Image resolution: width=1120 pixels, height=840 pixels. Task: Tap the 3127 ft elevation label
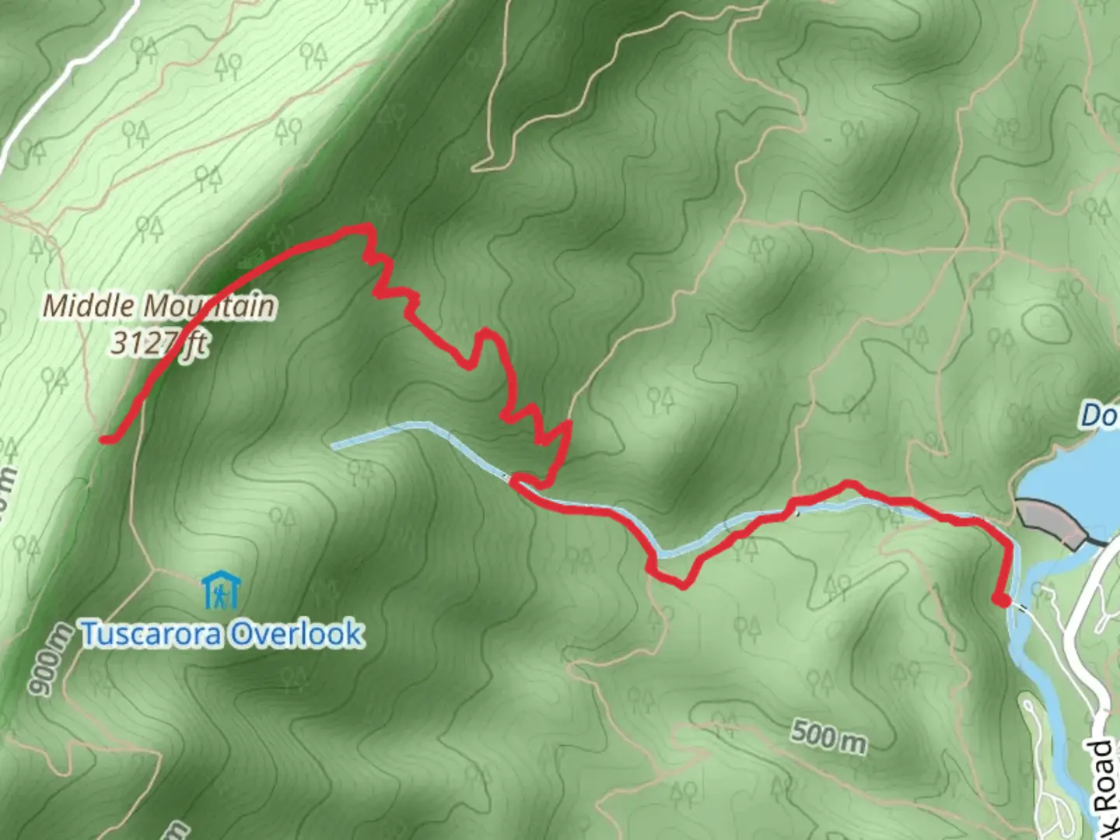coord(159,343)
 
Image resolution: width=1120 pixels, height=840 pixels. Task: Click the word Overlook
coord(296,634)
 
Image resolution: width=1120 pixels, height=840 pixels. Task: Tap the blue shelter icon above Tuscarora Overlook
coord(221,592)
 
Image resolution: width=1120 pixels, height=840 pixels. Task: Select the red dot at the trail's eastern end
coord(1003,600)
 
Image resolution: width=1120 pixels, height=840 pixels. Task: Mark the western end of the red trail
coord(103,440)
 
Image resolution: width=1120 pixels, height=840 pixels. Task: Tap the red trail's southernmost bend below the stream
coord(681,586)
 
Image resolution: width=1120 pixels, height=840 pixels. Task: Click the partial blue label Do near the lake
coord(1098,416)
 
